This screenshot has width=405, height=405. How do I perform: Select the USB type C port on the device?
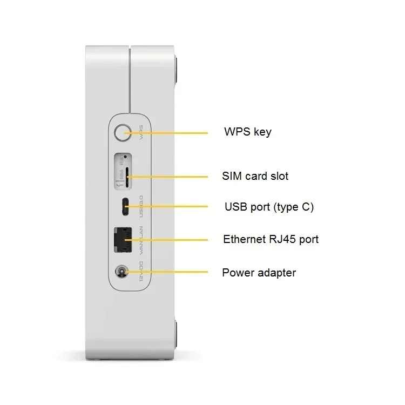pyautogui.click(x=126, y=206)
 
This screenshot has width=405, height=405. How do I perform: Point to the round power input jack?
pyautogui.click(x=122, y=272)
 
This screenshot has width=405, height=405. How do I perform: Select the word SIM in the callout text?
pyautogui.click(x=233, y=176)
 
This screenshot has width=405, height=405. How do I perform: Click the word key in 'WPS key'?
pyautogui.click(x=262, y=132)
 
